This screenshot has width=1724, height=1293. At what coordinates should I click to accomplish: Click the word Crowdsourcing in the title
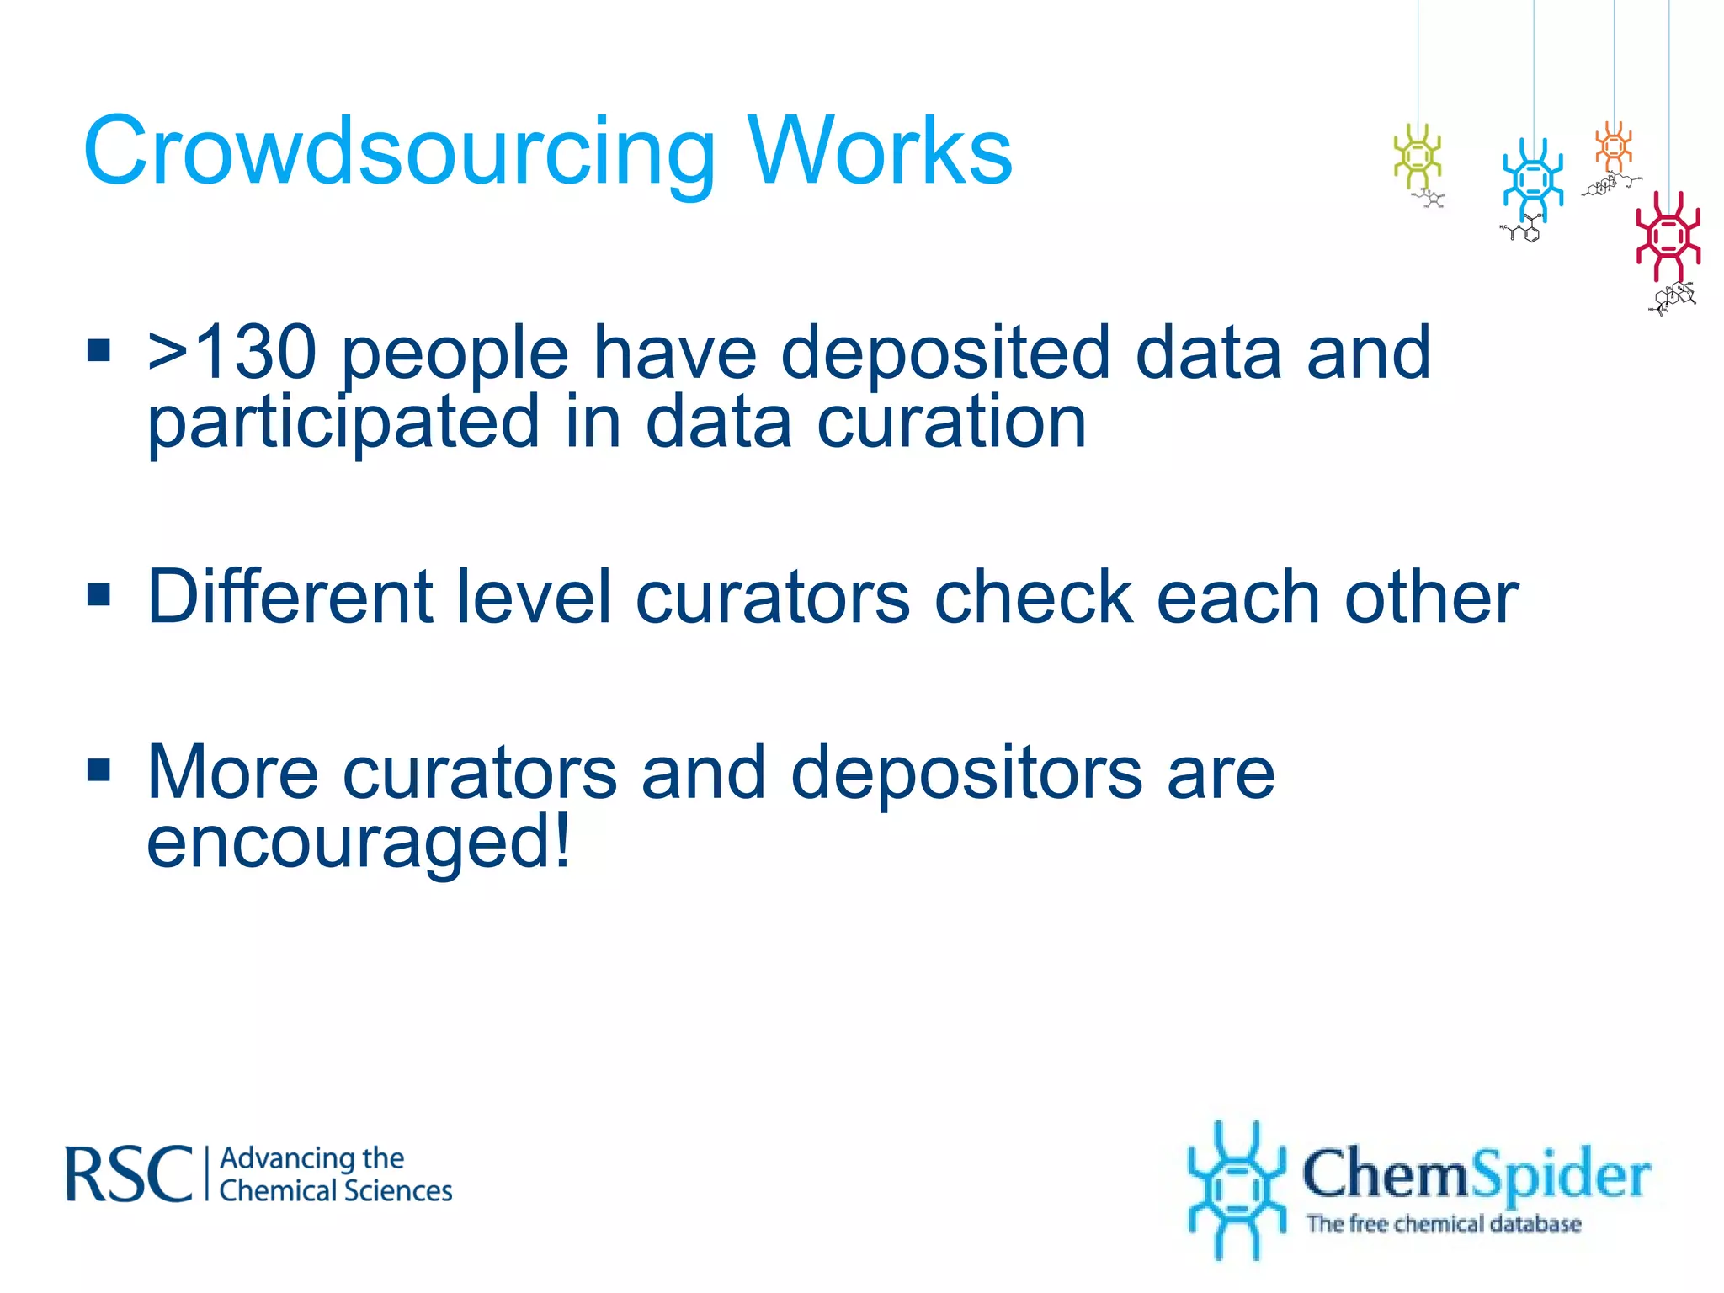coord(399,152)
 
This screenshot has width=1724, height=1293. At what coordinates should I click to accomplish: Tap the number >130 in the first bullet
coord(232,353)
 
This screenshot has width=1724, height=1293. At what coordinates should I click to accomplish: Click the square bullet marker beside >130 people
coord(99,349)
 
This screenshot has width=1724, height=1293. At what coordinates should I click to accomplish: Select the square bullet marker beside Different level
coord(99,594)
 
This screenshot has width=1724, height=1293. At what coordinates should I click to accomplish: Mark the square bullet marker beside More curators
coord(99,769)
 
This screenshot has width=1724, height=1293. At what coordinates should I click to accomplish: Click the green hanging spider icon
coord(1418,156)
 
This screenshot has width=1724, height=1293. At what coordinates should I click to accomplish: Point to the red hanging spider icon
coord(1668,237)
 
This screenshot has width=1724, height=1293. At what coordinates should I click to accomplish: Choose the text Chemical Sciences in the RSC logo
coord(336,1191)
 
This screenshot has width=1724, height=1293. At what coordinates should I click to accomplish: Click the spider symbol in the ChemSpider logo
coord(1235,1190)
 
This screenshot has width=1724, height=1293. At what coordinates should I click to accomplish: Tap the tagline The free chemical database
coord(1444,1223)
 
